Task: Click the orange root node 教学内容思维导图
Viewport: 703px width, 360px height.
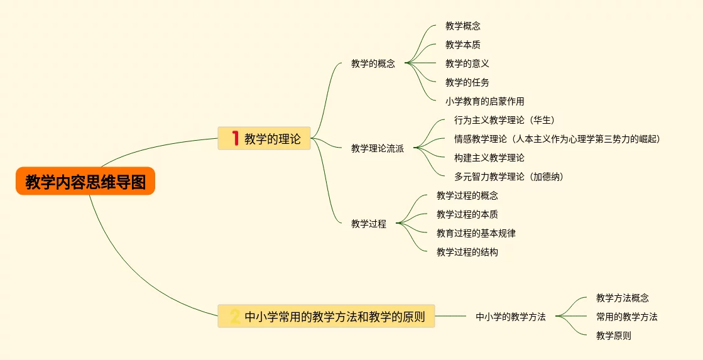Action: pyautogui.click(x=85, y=182)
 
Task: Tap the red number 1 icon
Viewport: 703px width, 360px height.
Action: pyautogui.click(x=236, y=138)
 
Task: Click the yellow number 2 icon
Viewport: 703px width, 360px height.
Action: pyautogui.click(x=235, y=317)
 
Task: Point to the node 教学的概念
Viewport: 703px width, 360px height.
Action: pyautogui.click(x=373, y=63)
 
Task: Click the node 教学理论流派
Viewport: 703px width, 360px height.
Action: pyautogui.click(x=378, y=148)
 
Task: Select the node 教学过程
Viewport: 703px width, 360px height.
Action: pyautogui.click(x=369, y=223)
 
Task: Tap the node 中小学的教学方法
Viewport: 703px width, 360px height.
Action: pyautogui.click(x=511, y=317)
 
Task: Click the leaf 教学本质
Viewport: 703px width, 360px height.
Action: pyautogui.click(x=463, y=45)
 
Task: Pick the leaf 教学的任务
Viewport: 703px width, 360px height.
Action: pyautogui.click(x=467, y=82)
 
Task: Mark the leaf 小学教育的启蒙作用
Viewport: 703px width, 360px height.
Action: pyautogui.click(x=485, y=101)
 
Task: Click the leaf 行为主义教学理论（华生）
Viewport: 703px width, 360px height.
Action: pyautogui.click(x=504, y=120)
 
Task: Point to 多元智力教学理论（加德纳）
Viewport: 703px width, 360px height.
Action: pyautogui.click(x=509, y=177)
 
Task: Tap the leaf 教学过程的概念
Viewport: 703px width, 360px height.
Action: pyautogui.click(x=467, y=195)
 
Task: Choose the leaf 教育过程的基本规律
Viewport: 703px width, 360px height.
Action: pyautogui.click(x=476, y=233)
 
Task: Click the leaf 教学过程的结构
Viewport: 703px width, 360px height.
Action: pyautogui.click(x=467, y=252)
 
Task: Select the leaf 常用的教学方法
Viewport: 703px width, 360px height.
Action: pyautogui.click(x=627, y=317)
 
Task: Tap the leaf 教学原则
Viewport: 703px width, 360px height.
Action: pyautogui.click(x=614, y=335)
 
